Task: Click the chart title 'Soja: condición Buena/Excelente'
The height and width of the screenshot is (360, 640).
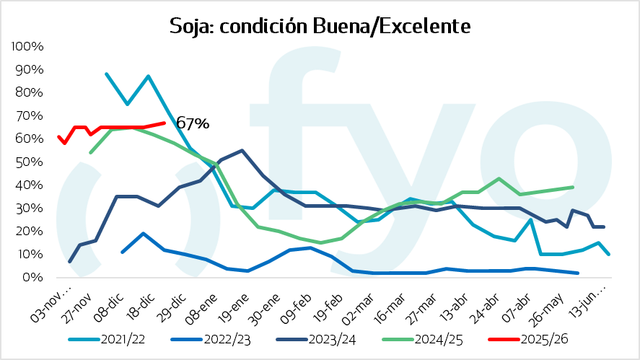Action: click(320, 26)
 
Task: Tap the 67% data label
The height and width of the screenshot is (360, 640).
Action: click(193, 124)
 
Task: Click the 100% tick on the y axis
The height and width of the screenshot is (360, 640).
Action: click(28, 46)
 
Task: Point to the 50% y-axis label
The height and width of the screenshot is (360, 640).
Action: click(31, 162)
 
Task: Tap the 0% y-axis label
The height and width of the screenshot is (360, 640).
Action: click(34, 277)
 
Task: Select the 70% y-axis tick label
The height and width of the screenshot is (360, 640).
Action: click(31, 115)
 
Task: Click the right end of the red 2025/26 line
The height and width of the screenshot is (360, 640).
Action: click(165, 123)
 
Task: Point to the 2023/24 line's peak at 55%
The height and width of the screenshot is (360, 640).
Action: click(242, 150)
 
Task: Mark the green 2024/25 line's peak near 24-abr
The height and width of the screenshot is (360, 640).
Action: click(499, 178)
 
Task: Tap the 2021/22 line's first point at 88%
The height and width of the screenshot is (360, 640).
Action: click(107, 74)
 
